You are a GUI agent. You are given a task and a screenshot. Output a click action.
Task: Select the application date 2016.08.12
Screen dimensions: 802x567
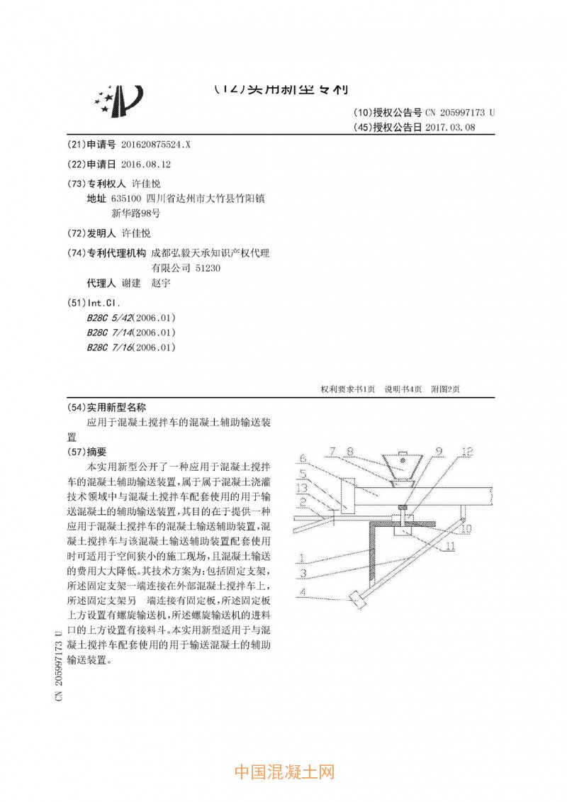(x=146, y=164)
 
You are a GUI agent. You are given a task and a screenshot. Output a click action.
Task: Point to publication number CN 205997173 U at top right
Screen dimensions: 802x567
(x=460, y=113)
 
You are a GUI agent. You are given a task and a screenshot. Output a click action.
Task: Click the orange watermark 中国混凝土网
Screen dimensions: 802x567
(x=283, y=772)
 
